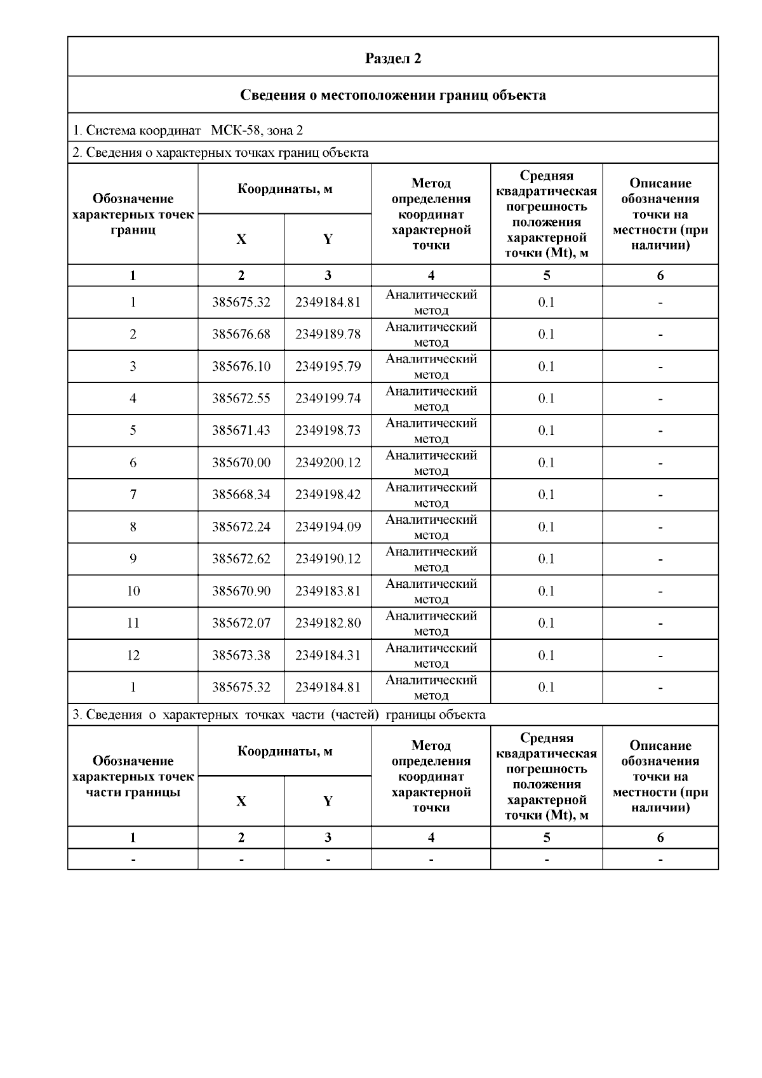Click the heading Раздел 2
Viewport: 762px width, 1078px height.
pyautogui.click(x=393, y=58)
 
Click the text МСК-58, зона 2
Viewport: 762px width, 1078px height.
pyautogui.click(x=257, y=130)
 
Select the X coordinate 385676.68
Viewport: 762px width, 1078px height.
pyautogui.click(x=241, y=334)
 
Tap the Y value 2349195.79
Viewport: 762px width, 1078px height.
pyautogui.click(x=328, y=366)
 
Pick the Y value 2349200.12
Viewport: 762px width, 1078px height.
pyautogui.click(x=328, y=463)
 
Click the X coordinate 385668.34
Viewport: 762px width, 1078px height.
pyautogui.click(x=241, y=495)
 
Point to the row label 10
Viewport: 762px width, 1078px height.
pyautogui.click(x=133, y=591)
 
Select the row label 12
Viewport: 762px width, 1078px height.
pyautogui.click(x=133, y=655)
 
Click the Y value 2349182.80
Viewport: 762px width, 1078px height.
pyautogui.click(x=328, y=623)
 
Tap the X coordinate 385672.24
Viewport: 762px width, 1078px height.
pyautogui.click(x=241, y=527)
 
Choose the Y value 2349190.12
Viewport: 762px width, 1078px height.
pyautogui.click(x=328, y=559)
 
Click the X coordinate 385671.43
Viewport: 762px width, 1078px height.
pyautogui.click(x=241, y=430)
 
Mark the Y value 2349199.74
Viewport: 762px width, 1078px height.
pyautogui.click(x=328, y=398)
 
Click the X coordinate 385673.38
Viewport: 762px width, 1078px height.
pyautogui.click(x=241, y=655)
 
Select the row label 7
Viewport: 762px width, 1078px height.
pyautogui.click(x=133, y=495)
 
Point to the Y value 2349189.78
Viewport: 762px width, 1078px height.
pyautogui.click(x=328, y=334)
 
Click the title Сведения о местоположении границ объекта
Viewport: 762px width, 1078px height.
pyautogui.click(x=393, y=95)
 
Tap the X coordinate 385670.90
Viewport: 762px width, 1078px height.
pyautogui.click(x=241, y=591)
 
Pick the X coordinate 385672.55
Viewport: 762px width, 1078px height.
pyautogui.click(x=241, y=398)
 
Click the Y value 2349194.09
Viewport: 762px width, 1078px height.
pyautogui.click(x=328, y=527)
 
